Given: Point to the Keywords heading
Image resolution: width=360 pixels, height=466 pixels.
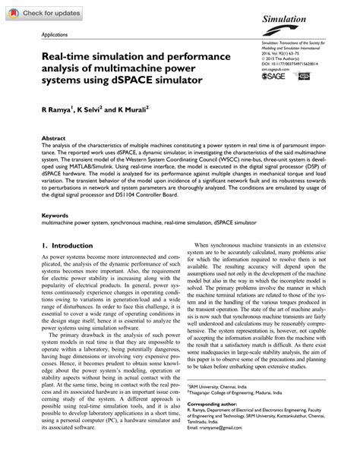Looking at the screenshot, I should (55, 216).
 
